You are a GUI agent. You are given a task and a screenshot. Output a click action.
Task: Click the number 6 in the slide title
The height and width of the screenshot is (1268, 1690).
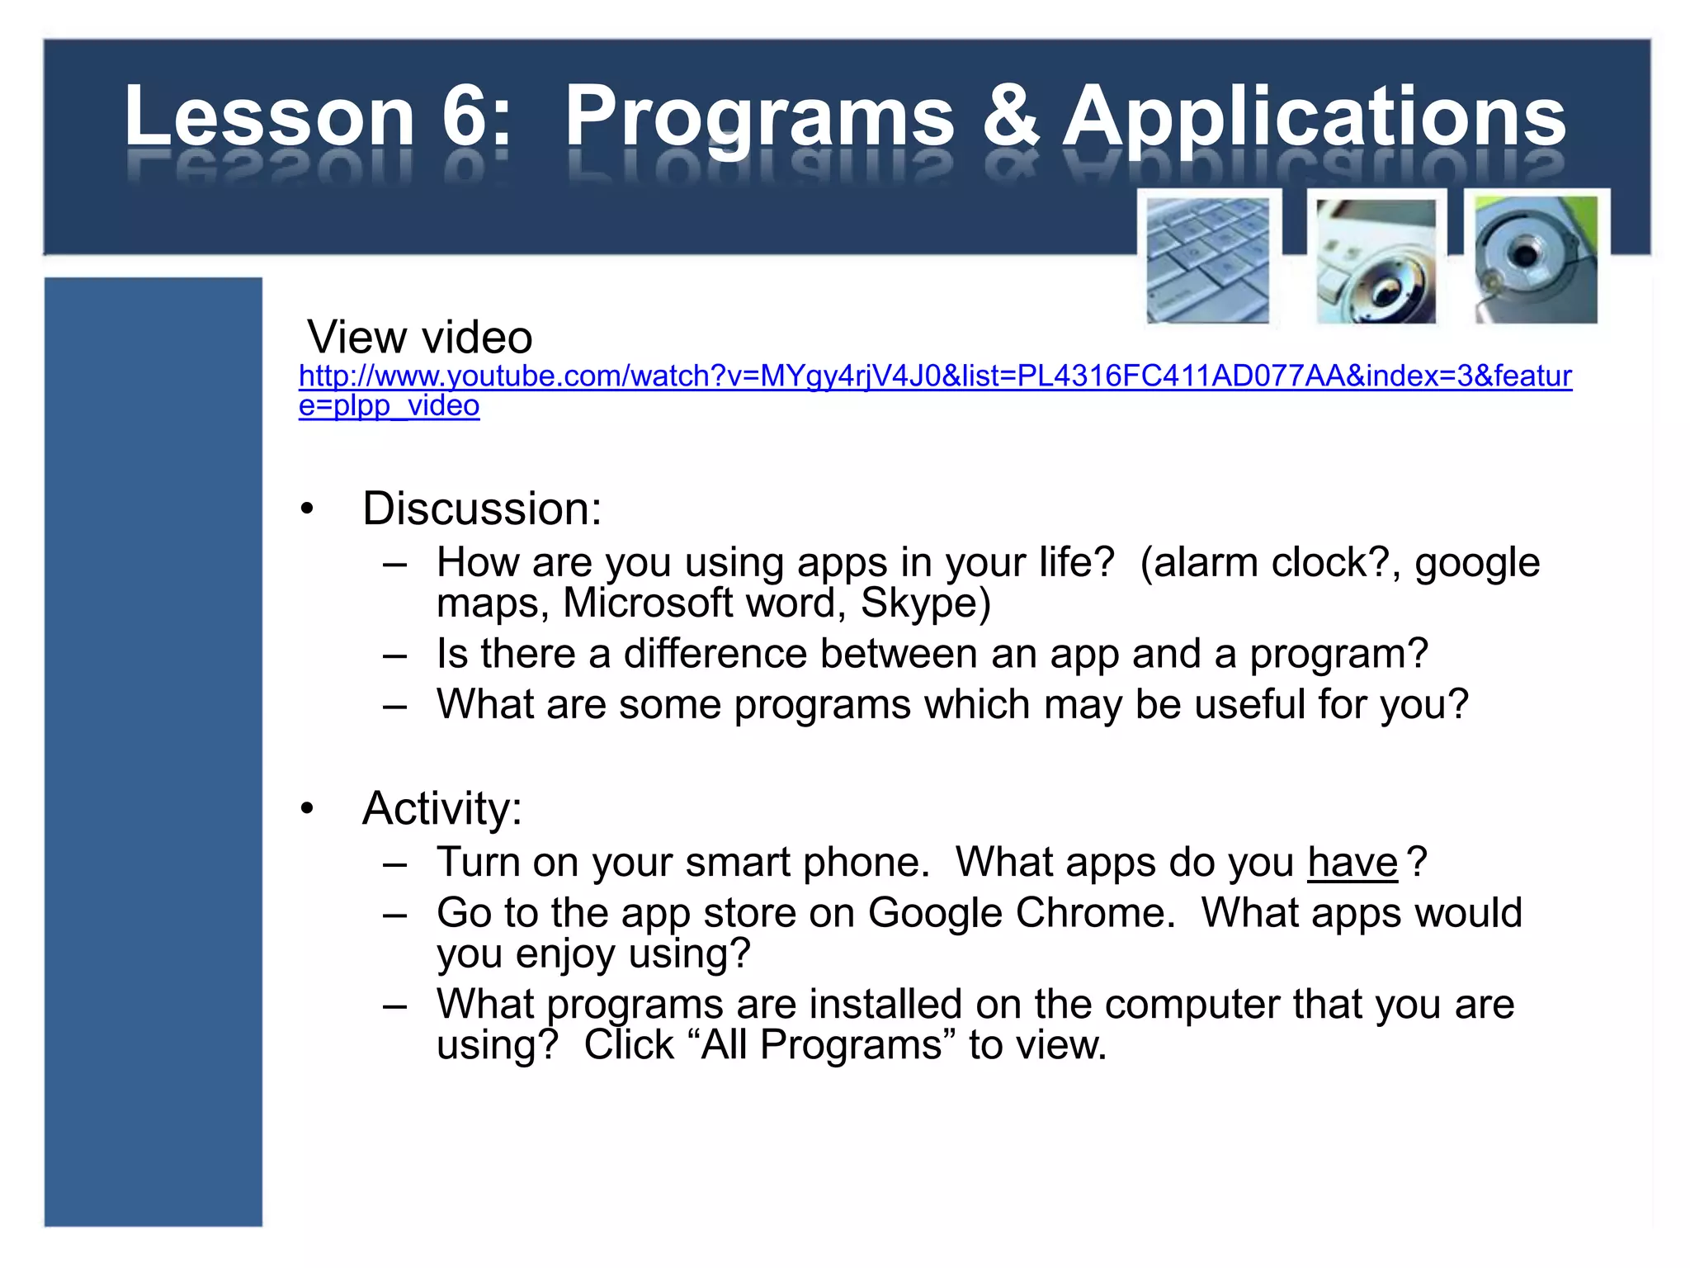click(468, 116)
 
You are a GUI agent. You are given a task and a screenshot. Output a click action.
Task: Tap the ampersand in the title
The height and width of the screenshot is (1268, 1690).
click(1010, 116)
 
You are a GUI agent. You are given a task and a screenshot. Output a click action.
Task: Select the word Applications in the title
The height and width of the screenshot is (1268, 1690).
click(1314, 118)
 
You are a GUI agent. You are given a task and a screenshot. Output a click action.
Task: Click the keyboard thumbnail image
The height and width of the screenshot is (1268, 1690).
click(1207, 260)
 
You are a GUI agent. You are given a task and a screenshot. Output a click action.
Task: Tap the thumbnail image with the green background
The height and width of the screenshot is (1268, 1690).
click(1536, 259)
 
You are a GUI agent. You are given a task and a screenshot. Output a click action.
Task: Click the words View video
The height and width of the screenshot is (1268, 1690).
click(420, 337)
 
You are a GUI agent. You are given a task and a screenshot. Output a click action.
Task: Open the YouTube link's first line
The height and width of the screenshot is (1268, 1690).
click(935, 376)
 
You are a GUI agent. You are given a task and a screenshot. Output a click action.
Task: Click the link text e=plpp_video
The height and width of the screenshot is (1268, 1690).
click(389, 406)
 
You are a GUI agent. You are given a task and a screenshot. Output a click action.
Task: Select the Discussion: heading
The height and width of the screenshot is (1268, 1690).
click(482, 509)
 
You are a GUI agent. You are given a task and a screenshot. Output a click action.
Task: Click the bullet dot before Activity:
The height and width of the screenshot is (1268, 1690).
click(308, 808)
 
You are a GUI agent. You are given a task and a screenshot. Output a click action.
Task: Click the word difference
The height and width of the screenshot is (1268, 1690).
click(715, 654)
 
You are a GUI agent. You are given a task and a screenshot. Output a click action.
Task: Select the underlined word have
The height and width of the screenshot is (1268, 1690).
click(1352, 863)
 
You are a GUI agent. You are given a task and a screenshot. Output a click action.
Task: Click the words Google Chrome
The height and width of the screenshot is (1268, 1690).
click(1021, 913)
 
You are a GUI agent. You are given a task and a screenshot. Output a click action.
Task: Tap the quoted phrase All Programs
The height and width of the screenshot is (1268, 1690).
click(821, 1045)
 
